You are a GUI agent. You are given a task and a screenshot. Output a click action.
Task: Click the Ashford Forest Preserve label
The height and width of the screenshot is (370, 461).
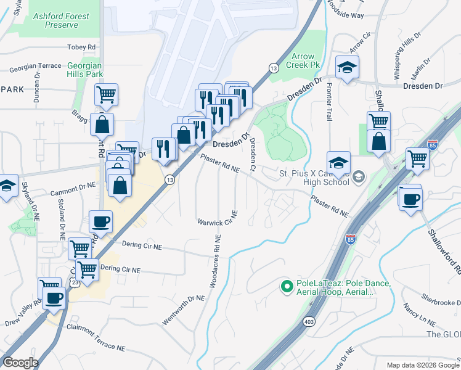pyautogui.click(x=56, y=20)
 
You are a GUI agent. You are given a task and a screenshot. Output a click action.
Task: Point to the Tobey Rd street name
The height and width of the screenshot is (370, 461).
pyautogui.click(x=82, y=47)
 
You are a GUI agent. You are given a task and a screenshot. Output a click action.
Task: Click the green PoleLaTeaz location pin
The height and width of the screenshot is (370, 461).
pyautogui.click(x=286, y=286)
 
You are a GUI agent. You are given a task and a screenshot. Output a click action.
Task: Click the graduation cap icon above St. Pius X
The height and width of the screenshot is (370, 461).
pyautogui.click(x=338, y=162)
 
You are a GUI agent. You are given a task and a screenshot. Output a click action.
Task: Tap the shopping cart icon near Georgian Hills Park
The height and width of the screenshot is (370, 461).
pyautogui.click(x=107, y=95)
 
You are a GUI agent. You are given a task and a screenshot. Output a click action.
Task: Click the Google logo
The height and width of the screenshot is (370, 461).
pyautogui.click(x=21, y=362)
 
